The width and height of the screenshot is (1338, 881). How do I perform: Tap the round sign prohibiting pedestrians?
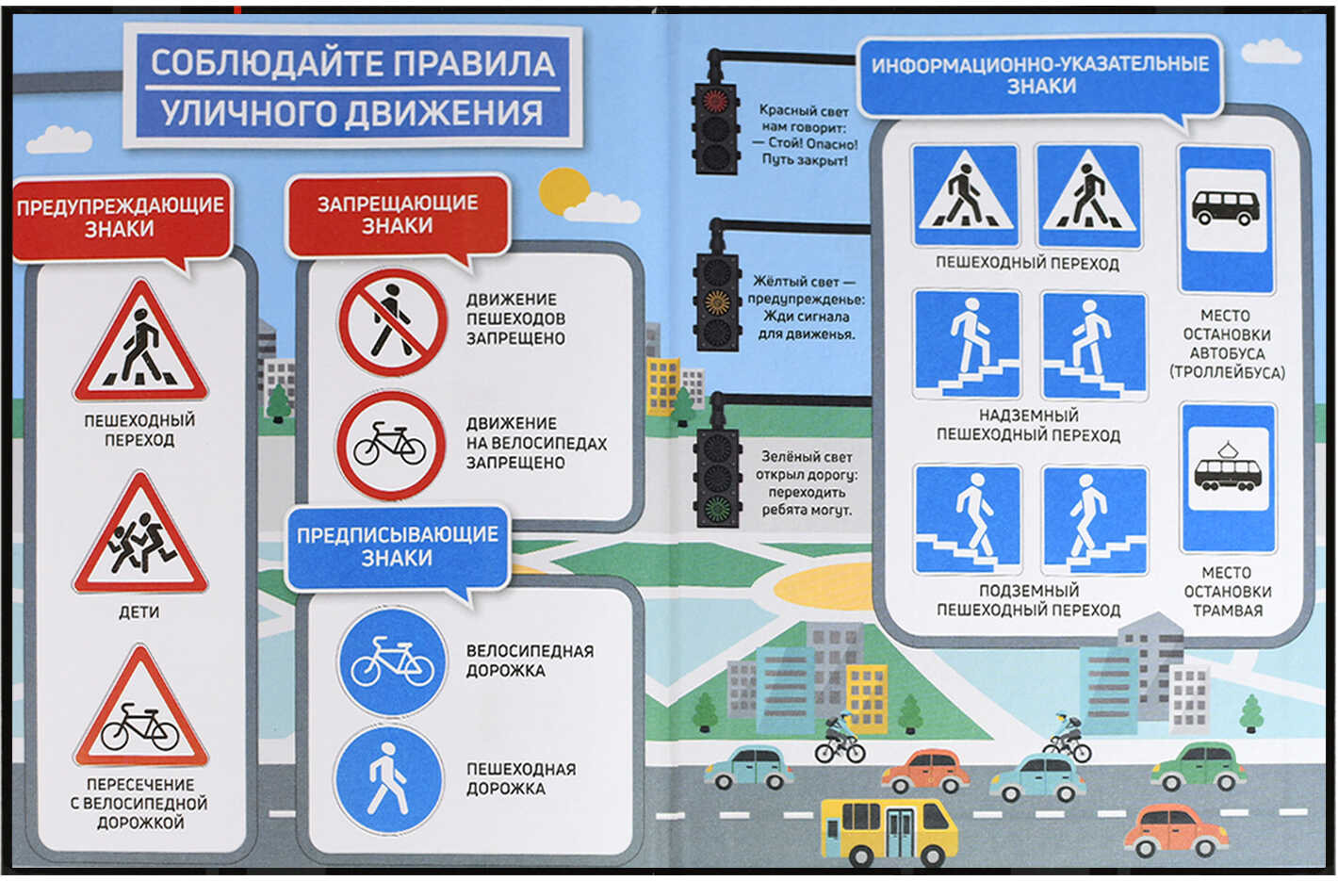pyautogui.click(x=392, y=322)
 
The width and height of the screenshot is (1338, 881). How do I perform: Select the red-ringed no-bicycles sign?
pyautogui.click(x=391, y=445)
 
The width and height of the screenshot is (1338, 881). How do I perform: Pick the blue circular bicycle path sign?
pyautogui.click(x=392, y=661)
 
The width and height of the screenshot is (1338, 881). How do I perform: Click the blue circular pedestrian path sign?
pyautogui.click(x=389, y=778)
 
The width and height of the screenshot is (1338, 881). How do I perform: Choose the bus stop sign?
pyautogui.click(x=1226, y=220)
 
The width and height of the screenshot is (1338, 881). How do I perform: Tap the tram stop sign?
pyautogui.click(x=1228, y=479)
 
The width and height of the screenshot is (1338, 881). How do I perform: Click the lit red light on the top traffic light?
pyautogui.click(x=715, y=100)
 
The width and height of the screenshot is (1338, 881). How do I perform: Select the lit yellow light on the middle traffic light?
pyautogui.click(x=717, y=302)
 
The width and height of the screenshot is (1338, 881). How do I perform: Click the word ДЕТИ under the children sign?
pyautogui.click(x=139, y=612)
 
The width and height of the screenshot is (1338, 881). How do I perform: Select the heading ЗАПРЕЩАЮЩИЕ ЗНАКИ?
pyautogui.click(x=398, y=215)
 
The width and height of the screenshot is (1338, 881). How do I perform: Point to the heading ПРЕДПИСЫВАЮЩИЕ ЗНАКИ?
pyautogui.click(x=398, y=546)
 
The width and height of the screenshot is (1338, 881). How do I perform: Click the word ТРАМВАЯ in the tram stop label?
pyautogui.click(x=1228, y=611)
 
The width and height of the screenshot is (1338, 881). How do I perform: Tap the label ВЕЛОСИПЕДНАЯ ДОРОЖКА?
pyautogui.click(x=530, y=661)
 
